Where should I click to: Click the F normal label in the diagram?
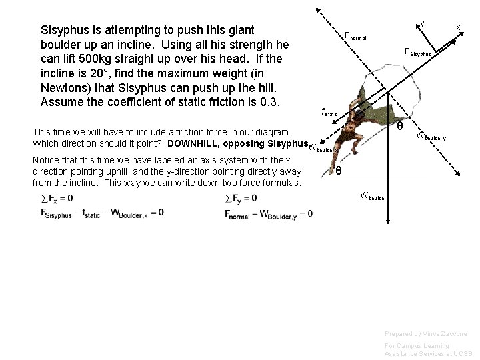click(355, 36)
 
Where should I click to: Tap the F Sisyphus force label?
click(418, 52)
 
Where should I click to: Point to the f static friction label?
click(329, 112)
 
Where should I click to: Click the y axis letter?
click(422, 24)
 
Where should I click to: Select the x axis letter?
click(458, 27)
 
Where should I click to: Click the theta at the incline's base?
click(339, 171)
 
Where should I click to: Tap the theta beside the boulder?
click(399, 126)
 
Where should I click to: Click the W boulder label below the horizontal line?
click(372, 195)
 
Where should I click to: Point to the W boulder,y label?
click(431, 137)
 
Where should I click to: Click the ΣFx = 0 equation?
click(57, 198)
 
